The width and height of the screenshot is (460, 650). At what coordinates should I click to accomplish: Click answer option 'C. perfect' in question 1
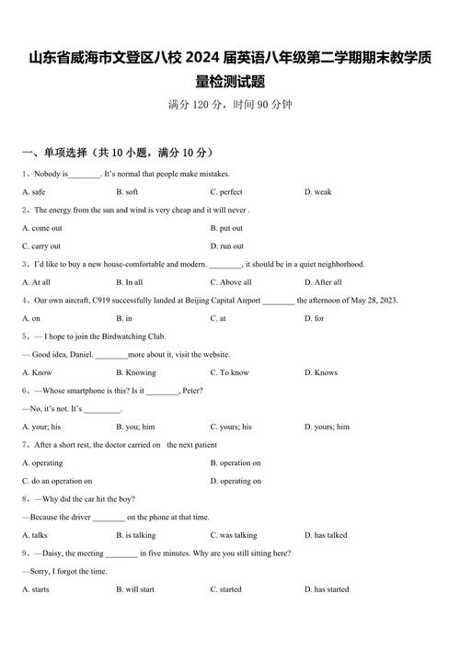226,192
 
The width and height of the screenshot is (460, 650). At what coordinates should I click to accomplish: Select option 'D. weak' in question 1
317,192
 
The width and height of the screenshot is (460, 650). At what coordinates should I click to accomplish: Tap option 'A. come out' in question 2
41,228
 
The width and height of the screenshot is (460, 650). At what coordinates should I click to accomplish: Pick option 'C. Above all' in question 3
230,282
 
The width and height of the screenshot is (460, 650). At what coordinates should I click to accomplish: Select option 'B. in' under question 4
124,318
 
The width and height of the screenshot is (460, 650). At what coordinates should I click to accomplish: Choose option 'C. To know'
229,372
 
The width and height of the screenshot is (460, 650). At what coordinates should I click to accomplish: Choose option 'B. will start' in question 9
135,589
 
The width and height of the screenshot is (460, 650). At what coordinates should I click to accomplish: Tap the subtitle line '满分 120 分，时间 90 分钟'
230,105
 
